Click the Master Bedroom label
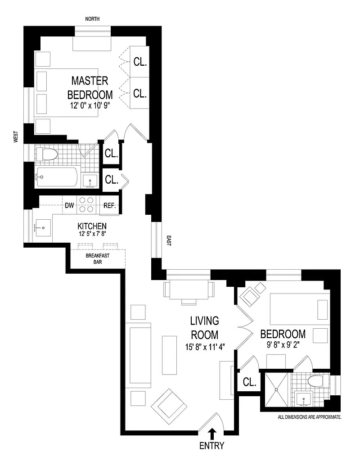(x=90, y=88)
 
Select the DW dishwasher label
(x=69, y=205)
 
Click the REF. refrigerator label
(x=110, y=205)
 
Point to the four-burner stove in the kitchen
(x=86, y=205)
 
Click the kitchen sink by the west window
(x=43, y=228)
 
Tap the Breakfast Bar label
(x=98, y=258)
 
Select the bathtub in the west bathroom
(x=57, y=177)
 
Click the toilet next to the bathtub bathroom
(x=49, y=154)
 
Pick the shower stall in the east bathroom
(x=277, y=389)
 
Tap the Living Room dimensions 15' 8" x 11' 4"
(x=205, y=347)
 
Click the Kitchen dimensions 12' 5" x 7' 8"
(x=92, y=234)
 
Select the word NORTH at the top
(x=92, y=19)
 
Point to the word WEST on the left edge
(x=16, y=137)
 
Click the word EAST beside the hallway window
(x=169, y=240)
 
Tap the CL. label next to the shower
(x=249, y=382)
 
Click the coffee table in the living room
(x=169, y=355)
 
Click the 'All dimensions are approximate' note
(x=310, y=417)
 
